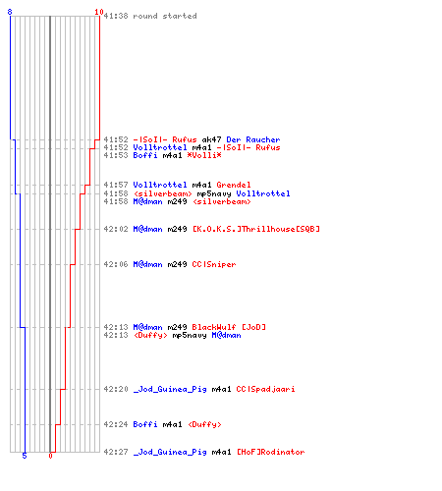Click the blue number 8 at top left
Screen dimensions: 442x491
tap(10, 12)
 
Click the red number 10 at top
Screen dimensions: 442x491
tap(99, 12)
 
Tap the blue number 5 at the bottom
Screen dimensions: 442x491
tap(25, 456)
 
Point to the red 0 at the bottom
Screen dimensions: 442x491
tap(50, 456)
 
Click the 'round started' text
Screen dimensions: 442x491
tap(165, 16)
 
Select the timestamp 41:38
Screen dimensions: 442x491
tap(116, 16)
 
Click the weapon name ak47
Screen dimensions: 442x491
tap(211, 139)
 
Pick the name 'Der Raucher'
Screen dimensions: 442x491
tap(253, 139)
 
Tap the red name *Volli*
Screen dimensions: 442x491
tap(204, 155)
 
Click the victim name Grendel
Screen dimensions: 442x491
tap(234, 185)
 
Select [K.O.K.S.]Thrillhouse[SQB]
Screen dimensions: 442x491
tap(256, 229)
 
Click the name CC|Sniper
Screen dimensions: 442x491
tap(214, 264)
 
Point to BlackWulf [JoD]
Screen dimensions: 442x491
tap(229, 327)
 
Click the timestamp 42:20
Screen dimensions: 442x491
tap(116, 389)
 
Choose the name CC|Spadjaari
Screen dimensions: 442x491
tap(265, 389)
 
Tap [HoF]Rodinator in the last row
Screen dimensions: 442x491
tap(271, 452)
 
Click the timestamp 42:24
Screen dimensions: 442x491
tap(116, 424)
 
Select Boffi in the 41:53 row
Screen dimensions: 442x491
tap(145, 155)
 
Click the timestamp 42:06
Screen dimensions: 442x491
tap(116, 264)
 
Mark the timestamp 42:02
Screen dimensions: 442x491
tap(116, 229)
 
